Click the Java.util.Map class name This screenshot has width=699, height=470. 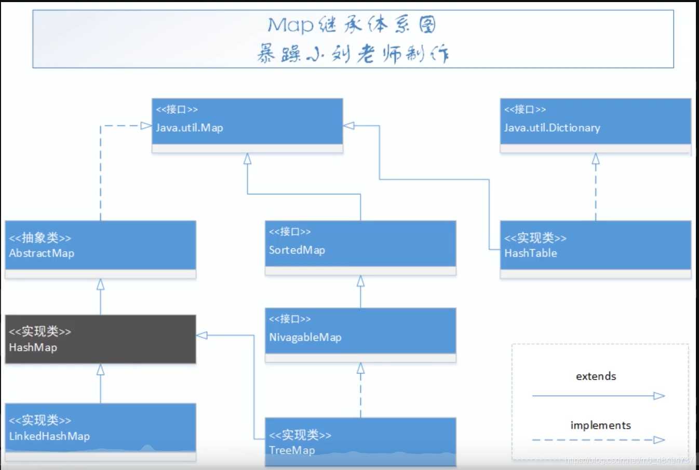(x=190, y=128)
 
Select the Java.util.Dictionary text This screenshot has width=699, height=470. (x=552, y=128)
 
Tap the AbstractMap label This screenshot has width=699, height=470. (x=42, y=253)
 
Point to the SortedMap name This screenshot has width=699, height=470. (x=297, y=250)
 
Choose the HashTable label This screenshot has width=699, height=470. (x=531, y=253)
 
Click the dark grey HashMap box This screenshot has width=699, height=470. (x=100, y=339)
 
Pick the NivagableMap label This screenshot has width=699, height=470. (x=305, y=337)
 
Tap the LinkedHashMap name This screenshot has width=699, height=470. (x=49, y=436)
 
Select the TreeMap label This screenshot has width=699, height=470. (x=292, y=450)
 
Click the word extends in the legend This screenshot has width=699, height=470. (x=596, y=377)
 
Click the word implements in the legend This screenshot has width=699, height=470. (x=600, y=425)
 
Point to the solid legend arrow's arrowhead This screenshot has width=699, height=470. (x=659, y=396)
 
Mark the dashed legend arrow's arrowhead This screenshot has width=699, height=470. (x=659, y=440)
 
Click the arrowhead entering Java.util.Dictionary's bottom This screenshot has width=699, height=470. (x=596, y=158)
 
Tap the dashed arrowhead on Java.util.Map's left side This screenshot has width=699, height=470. (x=146, y=126)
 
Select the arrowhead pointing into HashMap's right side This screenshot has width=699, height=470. (x=202, y=335)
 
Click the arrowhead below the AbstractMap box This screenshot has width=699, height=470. (x=100, y=284)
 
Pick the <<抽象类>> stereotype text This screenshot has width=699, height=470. (x=40, y=238)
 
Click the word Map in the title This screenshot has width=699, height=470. (x=290, y=24)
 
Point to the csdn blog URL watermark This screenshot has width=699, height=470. (x=629, y=460)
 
